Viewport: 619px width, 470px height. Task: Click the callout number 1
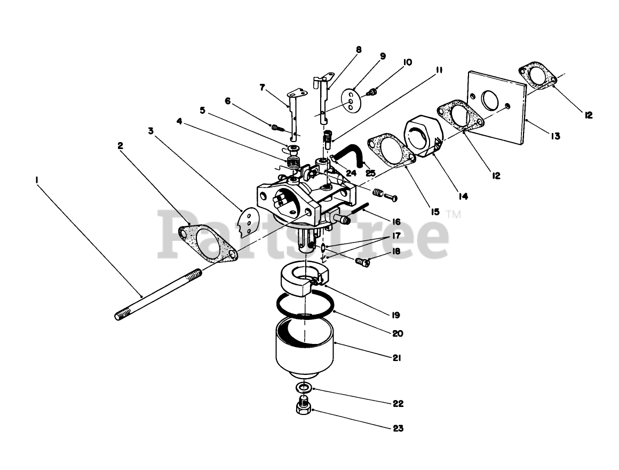click(x=37, y=181)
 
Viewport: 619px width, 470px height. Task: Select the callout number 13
click(x=555, y=136)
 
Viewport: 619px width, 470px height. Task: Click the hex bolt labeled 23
click(x=304, y=409)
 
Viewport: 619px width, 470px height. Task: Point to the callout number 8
click(x=359, y=50)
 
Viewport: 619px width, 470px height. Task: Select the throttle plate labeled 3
click(x=249, y=222)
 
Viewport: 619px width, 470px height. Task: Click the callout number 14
click(x=463, y=196)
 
